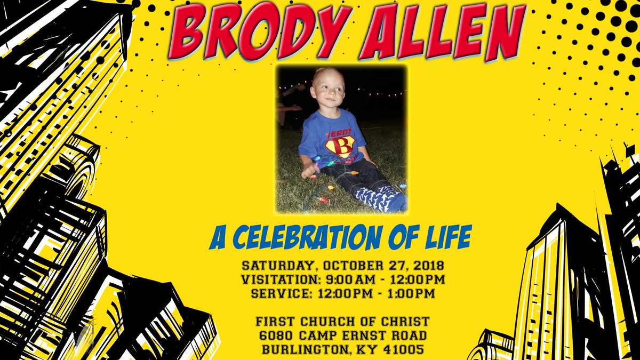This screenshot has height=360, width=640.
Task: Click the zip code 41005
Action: pyautogui.click(x=405, y=350)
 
